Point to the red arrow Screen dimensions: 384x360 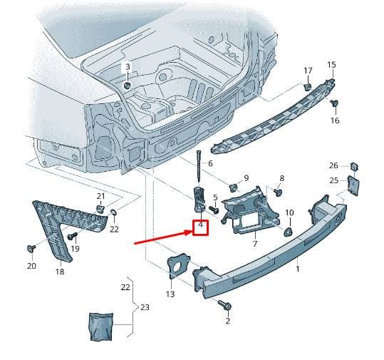pyautogui.click(x=163, y=237)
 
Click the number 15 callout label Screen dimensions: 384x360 pyautogui.click(x=331, y=65)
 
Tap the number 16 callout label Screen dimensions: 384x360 pyautogui.click(x=335, y=120)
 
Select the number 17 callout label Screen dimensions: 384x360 pyautogui.click(x=308, y=71)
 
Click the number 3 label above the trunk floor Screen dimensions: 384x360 pyautogui.click(x=128, y=66)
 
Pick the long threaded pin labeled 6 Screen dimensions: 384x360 pyautogui.click(x=198, y=167)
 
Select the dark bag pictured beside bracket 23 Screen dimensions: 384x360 pyautogui.click(x=101, y=326)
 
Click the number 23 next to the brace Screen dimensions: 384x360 pyautogui.click(x=145, y=307)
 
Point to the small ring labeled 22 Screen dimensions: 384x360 pyautogui.click(x=114, y=212)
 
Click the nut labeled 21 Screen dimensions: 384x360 pyautogui.click(x=100, y=209)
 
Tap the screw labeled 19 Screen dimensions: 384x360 pyautogui.click(x=73, y=236)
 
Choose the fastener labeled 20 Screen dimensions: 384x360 pyautogui.click(x=31, y=248)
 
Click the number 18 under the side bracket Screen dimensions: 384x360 pyautogui.click(x=60, y=272)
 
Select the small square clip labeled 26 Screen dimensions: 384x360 pyautogui.click(x=354, y=166)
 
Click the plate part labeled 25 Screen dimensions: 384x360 pyautogui.click(x=353, y=185)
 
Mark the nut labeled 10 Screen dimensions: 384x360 pyautogui.click(x=289, y=232)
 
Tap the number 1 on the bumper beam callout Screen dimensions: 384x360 pyautogui.click(x=298, y=269)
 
